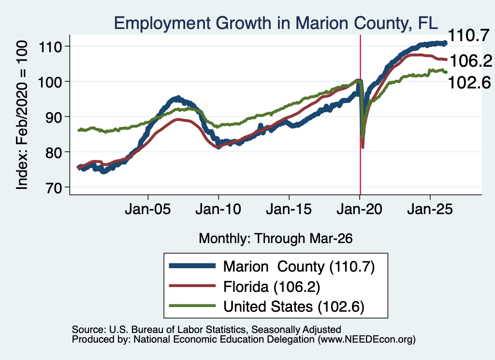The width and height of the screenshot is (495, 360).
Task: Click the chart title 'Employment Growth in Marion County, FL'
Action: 276,23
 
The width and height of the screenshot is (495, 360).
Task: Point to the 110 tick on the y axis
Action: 50,47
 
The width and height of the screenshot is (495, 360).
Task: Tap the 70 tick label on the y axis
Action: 54,187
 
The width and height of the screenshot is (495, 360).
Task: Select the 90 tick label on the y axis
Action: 54,117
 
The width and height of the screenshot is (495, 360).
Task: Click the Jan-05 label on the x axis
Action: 148,209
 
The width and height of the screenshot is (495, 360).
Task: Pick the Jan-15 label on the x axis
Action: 289,209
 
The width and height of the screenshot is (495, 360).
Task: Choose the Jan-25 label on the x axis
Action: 430,209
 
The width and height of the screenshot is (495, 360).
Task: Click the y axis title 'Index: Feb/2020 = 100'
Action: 22,115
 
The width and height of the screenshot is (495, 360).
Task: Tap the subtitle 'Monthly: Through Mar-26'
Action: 276,239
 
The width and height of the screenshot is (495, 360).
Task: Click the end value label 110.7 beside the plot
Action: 469,35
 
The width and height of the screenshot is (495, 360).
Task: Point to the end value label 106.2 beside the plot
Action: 471,60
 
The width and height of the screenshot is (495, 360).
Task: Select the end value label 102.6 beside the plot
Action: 469,83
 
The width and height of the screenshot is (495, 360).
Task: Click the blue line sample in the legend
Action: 192,266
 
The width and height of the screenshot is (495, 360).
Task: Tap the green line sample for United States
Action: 192,306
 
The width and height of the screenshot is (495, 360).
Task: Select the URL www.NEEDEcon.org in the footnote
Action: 366,340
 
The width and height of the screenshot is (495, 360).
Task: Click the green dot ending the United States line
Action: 446,72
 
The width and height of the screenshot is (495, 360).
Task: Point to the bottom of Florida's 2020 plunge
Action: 363,146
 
